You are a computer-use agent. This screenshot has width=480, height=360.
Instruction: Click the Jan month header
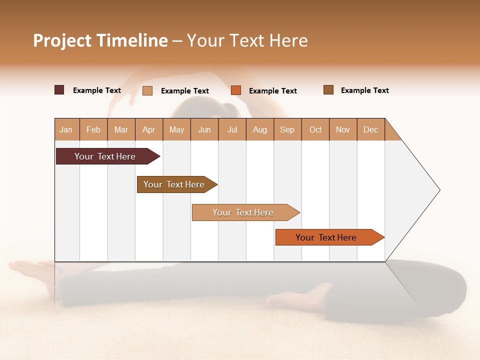66,129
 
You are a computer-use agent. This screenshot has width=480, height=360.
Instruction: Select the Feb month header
93,129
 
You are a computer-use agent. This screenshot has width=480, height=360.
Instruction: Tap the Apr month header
148,129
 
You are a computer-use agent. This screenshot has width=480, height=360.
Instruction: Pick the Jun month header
204,129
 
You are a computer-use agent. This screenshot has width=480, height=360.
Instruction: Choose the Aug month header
259,129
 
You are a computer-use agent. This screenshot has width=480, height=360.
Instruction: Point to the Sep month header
287,129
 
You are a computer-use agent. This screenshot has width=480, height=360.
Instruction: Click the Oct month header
315,129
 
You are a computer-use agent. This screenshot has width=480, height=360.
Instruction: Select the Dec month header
370,129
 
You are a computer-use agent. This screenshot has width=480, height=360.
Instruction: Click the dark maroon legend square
59,90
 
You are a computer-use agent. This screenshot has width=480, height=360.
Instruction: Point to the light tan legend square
147,90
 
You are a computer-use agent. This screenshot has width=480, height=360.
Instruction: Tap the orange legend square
236,90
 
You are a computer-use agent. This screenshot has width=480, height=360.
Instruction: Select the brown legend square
328,90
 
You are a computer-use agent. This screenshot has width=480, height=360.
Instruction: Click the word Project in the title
62,40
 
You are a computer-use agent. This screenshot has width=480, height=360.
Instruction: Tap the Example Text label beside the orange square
272,91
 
